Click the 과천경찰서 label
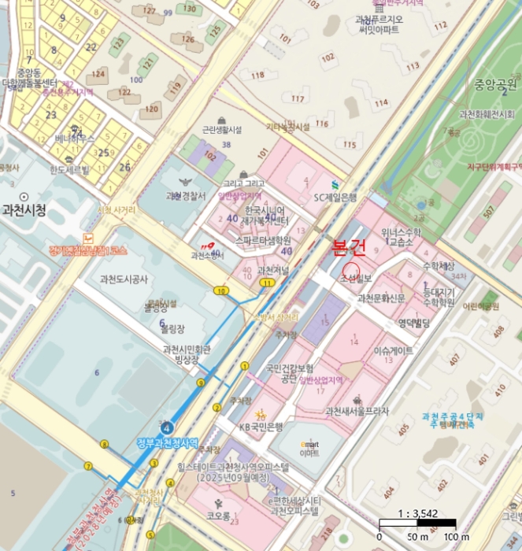(185, 196)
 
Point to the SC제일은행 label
(335, 198)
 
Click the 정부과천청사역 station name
(167, 441)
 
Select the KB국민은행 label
(261, 427)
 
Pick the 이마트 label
(309, 453)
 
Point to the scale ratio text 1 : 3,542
(417, 514)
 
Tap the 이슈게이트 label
(393, 351)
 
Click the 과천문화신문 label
(381, 298)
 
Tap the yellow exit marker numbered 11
(269, 282)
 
